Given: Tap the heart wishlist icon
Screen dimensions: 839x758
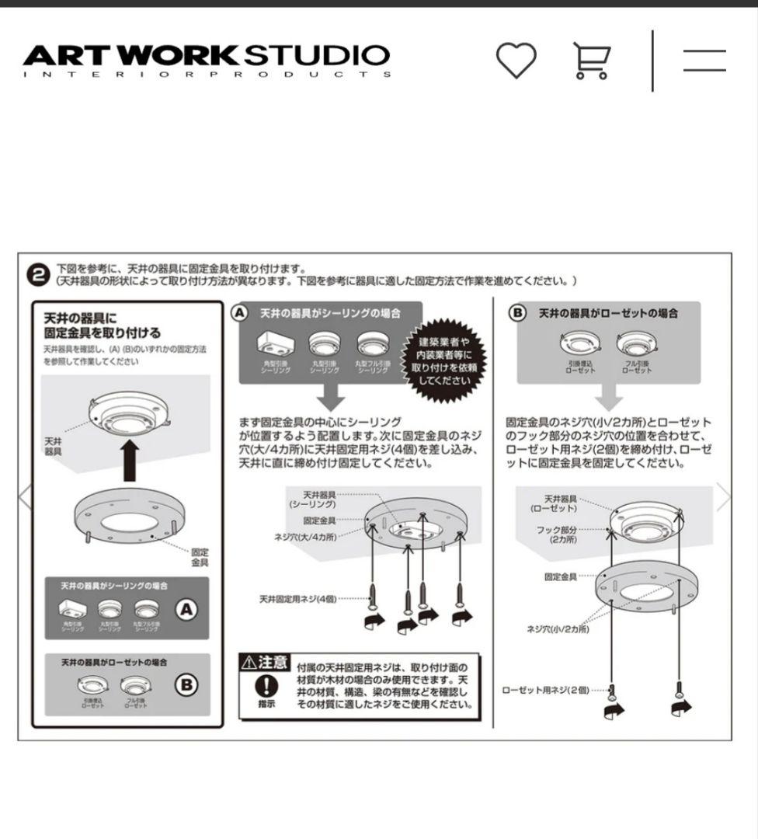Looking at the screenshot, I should pyautogui.click(x=516, y=61).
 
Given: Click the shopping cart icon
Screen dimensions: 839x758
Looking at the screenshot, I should pyautogui.click(x=592, y=61).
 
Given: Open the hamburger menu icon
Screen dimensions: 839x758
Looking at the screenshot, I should pyautogui.click(x=704, y=61).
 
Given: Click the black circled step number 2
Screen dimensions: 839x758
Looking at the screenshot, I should pyautogui.click(x=39, y=274).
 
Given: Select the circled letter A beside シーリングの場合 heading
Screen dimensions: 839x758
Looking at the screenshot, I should pyautogui.click(x=240, y=312).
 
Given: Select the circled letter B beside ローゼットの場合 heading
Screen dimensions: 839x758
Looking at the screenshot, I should pyautogui.click(x=518, y=312).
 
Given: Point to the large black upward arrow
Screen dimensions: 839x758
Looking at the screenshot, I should pyautogui.click(x=130, y=459).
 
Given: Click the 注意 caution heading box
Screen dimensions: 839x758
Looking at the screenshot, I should pyautogui.click(x=265, y=663).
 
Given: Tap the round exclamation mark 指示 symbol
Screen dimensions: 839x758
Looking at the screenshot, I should pyautogui.click(x=266, y=686).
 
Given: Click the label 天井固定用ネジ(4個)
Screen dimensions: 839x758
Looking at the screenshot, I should pyautogui.click(x=298, y=599).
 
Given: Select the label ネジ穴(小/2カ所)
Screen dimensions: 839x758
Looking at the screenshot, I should pyautogui.click(x=558, y=629).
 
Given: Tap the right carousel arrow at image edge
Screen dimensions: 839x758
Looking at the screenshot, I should pyautogui.click(x=724, y=497).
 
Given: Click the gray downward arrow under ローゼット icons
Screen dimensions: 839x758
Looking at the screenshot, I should pyautogui.click(x=609, y=397).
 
